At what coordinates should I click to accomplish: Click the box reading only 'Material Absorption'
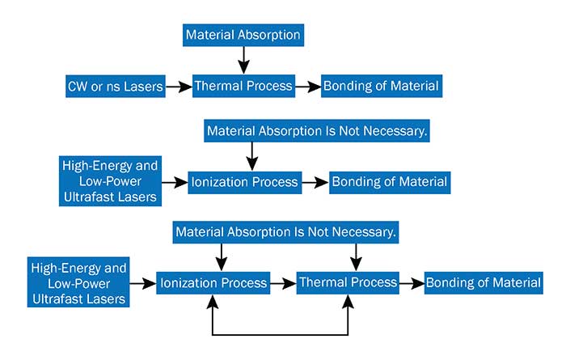(243, 35)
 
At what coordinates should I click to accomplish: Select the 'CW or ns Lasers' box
(116, 87)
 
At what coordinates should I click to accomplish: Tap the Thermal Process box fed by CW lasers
(243, 87)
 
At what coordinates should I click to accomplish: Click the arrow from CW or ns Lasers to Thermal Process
(179, 87)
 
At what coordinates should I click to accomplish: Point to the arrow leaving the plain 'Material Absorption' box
(243, 61)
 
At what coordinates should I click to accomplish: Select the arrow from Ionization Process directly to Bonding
(315, 182)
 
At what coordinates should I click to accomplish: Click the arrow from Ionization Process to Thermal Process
(283, 283)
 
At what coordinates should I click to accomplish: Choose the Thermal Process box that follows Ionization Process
(348, 282)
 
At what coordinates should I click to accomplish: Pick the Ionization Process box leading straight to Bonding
(245, 182)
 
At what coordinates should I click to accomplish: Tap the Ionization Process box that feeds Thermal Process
(213, 283)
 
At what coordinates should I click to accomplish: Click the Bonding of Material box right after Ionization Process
(390, 182)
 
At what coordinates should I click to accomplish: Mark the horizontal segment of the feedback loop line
(280, 335)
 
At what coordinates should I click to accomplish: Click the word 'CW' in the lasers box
(77, 87)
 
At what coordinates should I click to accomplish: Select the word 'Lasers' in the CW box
(143, 87)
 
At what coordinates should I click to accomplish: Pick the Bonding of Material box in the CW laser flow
(382, 87)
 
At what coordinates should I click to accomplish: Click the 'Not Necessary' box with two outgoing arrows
(285, 232)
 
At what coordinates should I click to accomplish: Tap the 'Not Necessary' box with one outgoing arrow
(317, 131)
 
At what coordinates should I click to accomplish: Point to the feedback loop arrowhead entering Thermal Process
(348, 302)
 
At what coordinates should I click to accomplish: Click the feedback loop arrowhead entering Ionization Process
(213, 302)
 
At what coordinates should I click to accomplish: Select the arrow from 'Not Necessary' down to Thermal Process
(357, 257)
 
